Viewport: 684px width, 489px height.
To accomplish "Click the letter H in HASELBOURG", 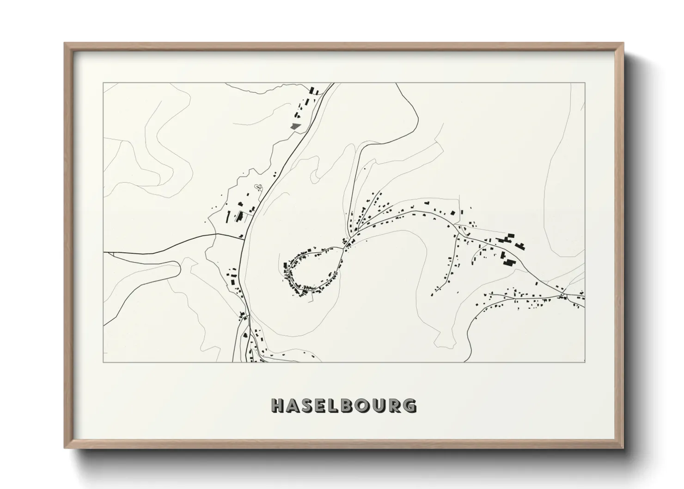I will coord(278,405).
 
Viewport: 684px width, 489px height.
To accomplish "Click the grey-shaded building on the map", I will coord(294,125).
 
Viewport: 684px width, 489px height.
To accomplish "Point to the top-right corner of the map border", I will coord(585,83).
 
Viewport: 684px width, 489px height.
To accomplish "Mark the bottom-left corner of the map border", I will coord(104,362).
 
